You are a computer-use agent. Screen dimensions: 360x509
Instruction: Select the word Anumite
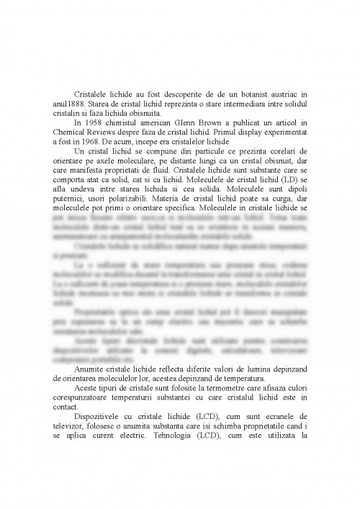coord(91,369)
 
